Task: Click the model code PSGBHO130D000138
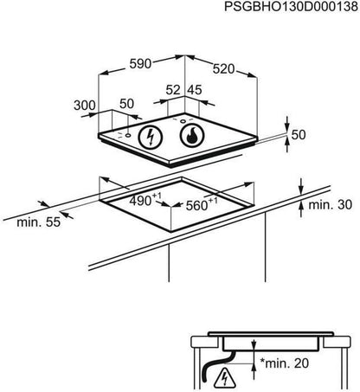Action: (x=291, y=7)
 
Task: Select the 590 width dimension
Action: (x=140, y=64)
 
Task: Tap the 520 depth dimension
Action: (x=223, y=69)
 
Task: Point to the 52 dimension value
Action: (x=173, y=90)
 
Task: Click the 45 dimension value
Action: (x=195, y=90)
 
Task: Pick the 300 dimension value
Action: (x=85, y=106)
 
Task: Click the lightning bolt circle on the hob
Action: (x=151, y=137)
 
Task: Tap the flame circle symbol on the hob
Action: (x=192, y=135)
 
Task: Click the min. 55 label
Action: (x=39, y=222)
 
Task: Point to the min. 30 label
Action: (x=331, y=204)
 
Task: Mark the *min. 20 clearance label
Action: (x=285, y=363)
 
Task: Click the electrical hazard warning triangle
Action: (x=224, y=378)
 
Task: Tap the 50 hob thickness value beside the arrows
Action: (x=299, y=135)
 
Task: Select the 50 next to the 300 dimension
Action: (x=127, y=104)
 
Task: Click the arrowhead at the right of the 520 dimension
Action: (x=252, y=75)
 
